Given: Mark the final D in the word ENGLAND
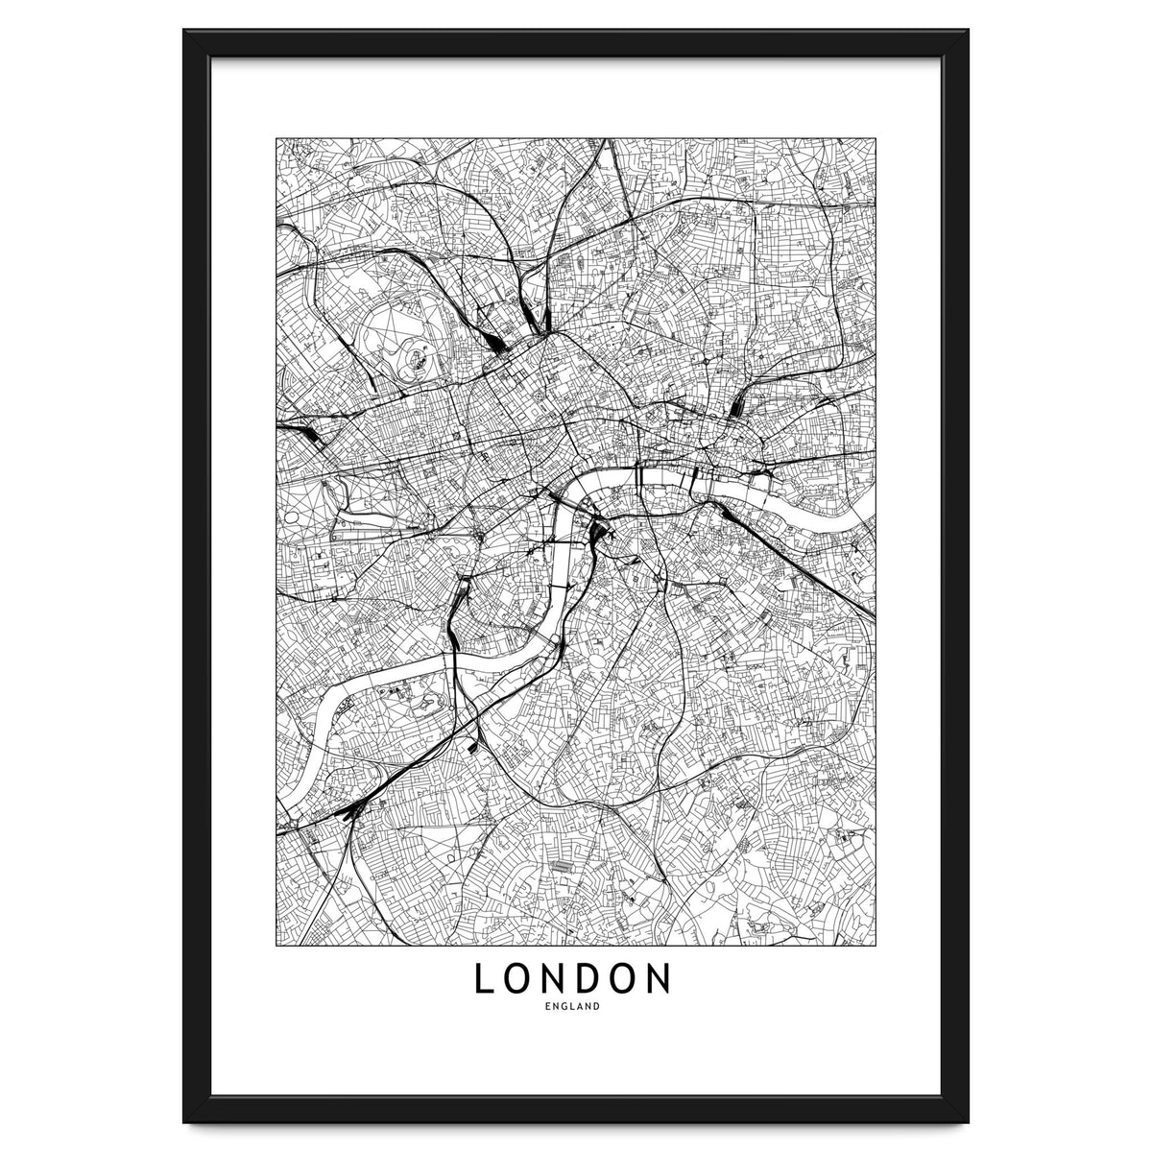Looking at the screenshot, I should [597, 1007].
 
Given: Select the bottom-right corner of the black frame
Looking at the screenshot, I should [968, 1121].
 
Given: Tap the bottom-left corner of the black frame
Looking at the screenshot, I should [184, 1121].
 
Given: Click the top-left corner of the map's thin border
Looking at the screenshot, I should [276, 138].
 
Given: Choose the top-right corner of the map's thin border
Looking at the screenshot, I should [876, 138].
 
